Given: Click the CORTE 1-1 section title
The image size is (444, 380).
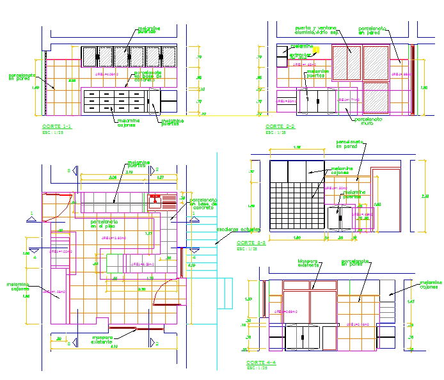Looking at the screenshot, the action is coord(56,127).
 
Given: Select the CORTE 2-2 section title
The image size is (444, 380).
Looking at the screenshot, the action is coord(280,127).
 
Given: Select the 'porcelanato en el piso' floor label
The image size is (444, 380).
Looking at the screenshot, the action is coord(104,224).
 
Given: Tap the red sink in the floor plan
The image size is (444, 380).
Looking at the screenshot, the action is coord(155,203).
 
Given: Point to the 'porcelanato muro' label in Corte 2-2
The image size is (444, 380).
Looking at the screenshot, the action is coord(369,120).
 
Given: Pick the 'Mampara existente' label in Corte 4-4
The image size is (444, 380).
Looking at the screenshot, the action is coord(309,263).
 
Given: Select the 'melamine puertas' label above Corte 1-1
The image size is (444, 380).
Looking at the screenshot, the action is coord(148,30).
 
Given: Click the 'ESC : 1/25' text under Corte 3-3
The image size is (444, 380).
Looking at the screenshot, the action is coord(247,249).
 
